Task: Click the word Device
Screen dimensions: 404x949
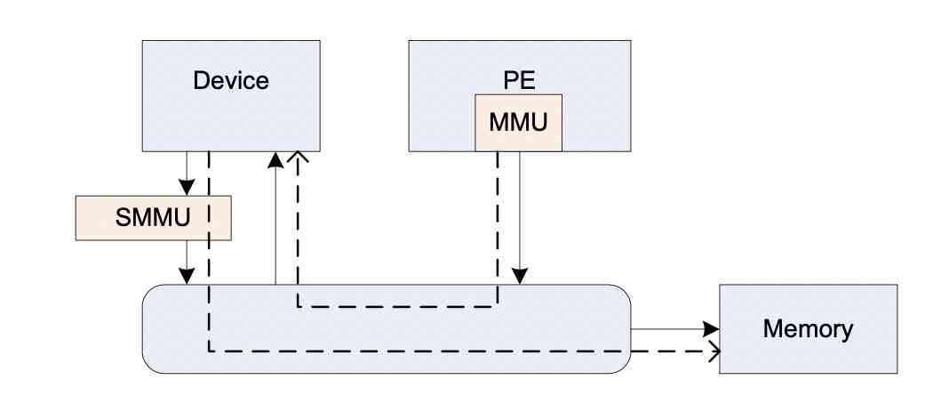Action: pyautogui.click(x=230, y=81)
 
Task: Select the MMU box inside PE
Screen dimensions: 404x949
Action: pyautogui.click(x=518, y=121)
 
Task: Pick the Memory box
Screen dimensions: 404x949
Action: pyautogui.click(x=807, y=329)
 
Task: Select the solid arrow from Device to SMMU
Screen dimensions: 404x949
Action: pyautogui.click(x=186, y=174)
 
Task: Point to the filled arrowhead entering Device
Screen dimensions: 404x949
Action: pyautogui.click(x=276, y=159)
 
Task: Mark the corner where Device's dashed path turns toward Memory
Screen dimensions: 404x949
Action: pyautogui.click(x=209, y=351)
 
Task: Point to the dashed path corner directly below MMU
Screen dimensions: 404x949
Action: pyautogui.click(x=498, y=306)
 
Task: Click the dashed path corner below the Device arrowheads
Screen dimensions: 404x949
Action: pyautogui.click(x=298, y=306)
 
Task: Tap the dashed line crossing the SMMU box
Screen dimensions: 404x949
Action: pyautogui.click(x=209, y=218)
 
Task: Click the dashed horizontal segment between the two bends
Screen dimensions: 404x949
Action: pyautogui.click(x=397, y=306)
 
